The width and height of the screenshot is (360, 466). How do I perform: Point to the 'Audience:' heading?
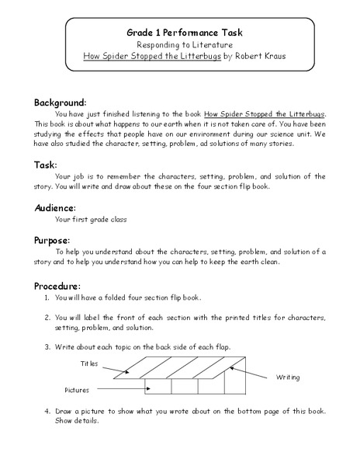click(54, 207)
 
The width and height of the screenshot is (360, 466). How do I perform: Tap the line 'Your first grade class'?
click(91, 220)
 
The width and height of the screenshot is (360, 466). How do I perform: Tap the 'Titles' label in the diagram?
click(90, 363)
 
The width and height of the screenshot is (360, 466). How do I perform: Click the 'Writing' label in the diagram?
click(288, 377)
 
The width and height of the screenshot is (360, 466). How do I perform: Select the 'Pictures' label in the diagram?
click(78, 389)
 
